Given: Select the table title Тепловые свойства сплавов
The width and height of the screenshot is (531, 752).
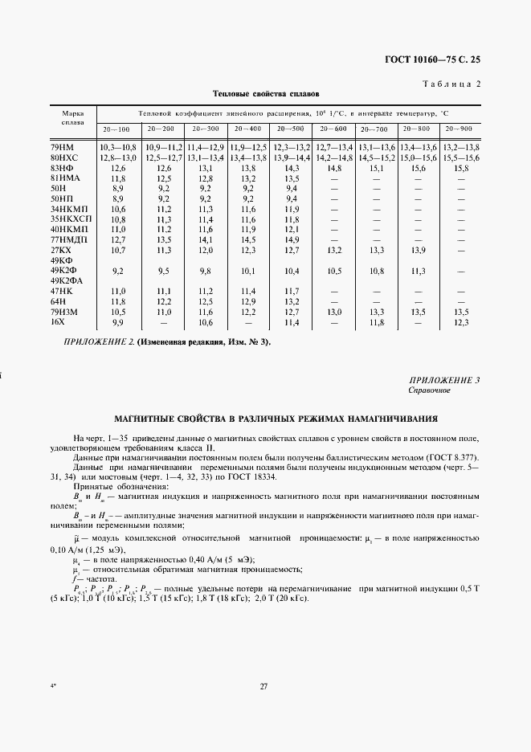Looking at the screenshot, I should pyautogui.click(x=265, y=94).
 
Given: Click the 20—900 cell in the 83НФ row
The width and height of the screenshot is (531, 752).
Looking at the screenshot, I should pyautogui.click(x=460, y=168).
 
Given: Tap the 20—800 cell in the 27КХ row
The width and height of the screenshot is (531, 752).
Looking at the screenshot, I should pyautogui.click(x=419, y=250).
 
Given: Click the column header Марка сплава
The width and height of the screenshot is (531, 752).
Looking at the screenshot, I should pyautogui.click(x=67, y=119).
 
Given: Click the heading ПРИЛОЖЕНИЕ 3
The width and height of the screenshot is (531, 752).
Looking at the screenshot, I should pyautogui.click(x=444, y=379).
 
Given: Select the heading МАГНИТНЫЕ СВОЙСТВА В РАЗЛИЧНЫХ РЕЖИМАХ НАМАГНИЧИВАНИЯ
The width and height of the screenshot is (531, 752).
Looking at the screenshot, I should pyautogui.click(x=265, y=419).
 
